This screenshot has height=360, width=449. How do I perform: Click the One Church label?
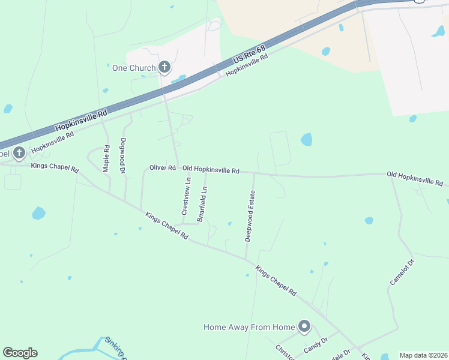134,68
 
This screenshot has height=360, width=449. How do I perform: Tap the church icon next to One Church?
164,68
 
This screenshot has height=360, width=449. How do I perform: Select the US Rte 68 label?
249,53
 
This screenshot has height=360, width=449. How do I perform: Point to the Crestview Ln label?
185,197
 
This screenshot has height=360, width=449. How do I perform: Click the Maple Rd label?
106,159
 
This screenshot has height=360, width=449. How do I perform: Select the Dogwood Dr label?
122,157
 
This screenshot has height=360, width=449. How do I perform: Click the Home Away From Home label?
249,327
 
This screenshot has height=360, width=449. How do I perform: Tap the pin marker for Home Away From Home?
304,327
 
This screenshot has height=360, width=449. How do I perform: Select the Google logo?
20,353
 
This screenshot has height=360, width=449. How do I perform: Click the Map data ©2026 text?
423,355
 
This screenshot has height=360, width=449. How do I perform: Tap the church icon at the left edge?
19,152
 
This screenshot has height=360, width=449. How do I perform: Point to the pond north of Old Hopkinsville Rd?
306,140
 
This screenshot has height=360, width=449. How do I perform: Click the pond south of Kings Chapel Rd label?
38,213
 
